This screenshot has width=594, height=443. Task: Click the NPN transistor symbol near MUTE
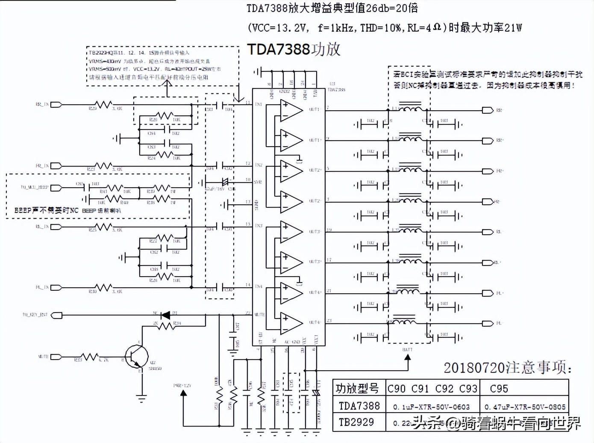coord(137,355)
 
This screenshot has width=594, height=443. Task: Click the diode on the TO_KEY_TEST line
coord(165,315)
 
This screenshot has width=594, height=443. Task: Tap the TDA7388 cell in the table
coord(359,405)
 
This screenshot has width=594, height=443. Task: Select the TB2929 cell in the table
coord(356,422)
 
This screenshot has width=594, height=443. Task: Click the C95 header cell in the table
coord(499,389)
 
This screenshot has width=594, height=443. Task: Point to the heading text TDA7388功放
coord(294,50)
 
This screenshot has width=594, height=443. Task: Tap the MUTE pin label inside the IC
coord(259,315)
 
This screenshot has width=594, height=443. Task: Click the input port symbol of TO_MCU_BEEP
coord(56,187)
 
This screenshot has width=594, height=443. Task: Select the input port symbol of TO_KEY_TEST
coord(56,315)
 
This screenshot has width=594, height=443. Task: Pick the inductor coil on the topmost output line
coord(409,109)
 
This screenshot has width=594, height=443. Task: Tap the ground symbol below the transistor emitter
coord(141,398)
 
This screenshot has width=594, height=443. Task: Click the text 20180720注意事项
coord(507,367)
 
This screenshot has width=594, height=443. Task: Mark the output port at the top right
coord(488,110)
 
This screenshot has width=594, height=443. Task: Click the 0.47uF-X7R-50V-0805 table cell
coord(525,407)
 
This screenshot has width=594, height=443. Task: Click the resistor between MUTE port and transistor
coord(90,357)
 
